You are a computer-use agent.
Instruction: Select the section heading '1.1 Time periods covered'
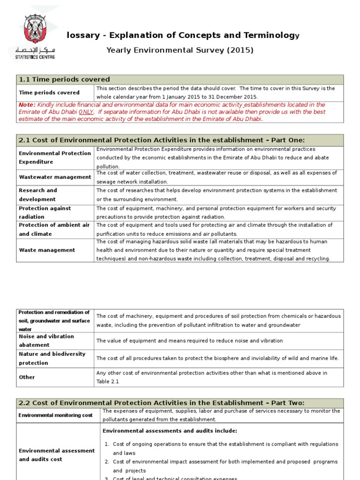[64, 79]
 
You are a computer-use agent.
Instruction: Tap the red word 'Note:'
[27, 105]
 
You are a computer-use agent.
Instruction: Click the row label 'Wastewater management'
[55, 177]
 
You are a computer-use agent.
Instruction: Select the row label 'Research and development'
[38, 195]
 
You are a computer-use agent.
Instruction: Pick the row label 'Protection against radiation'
[45, 212]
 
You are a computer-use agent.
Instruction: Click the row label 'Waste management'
[47, 250]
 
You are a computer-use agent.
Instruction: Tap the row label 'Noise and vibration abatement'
[46, 341]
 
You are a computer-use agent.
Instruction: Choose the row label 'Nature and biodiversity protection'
[52, 359]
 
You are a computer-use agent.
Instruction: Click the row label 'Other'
[27, 377]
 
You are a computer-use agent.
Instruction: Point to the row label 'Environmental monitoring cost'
[56, 415]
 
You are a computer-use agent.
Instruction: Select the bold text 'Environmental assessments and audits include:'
[170, 431]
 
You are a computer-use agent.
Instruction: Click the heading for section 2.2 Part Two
[161, 403]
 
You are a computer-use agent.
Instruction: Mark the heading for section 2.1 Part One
[161, 140]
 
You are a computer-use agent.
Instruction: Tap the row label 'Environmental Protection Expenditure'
[55, 157]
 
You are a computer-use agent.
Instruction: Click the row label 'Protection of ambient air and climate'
[54, 230]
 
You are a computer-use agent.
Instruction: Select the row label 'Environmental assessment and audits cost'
[57, 455]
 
